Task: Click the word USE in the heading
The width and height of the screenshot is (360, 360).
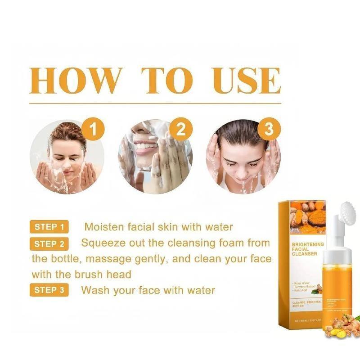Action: [247, 81]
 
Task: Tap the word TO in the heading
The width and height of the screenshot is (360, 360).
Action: [167, 81]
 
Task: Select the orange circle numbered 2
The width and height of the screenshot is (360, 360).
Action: [181, 130]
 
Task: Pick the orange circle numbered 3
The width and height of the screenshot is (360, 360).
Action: [269, 130]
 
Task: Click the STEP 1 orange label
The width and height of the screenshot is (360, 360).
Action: [49, 227]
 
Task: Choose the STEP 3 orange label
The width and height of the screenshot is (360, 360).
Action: [49, 290]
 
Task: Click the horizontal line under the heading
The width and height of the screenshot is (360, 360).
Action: [155, 104]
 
